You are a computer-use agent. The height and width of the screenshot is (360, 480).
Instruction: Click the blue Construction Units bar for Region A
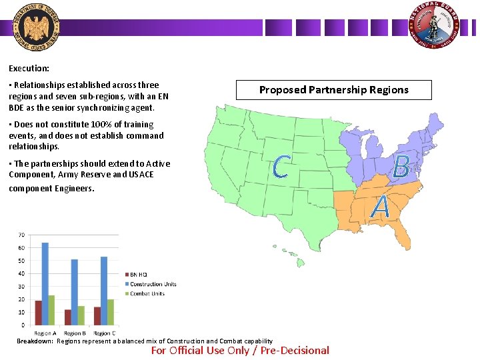point(45,283)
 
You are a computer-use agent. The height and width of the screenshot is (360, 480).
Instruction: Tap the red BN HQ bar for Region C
point(97,316)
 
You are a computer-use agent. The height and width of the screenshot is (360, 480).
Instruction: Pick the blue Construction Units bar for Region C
point(104,291)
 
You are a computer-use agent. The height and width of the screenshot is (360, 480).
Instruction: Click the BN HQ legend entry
point(138,275)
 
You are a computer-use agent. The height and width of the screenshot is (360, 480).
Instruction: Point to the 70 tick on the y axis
point(22,235)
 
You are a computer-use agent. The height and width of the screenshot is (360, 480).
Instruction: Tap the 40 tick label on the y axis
point(22,273)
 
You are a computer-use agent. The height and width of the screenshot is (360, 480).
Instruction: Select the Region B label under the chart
point(74,333)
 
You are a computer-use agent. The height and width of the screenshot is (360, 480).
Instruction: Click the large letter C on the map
point(281,167)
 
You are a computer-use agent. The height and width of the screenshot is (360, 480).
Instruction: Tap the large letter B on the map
point(401,167)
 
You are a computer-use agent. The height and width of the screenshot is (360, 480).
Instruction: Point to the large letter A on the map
point(381,207)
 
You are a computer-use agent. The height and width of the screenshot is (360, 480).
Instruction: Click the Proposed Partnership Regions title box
point(333,89)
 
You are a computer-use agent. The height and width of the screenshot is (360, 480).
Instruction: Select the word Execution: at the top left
point(29,68)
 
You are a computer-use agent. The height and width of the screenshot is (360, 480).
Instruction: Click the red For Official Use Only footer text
point(240,351)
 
